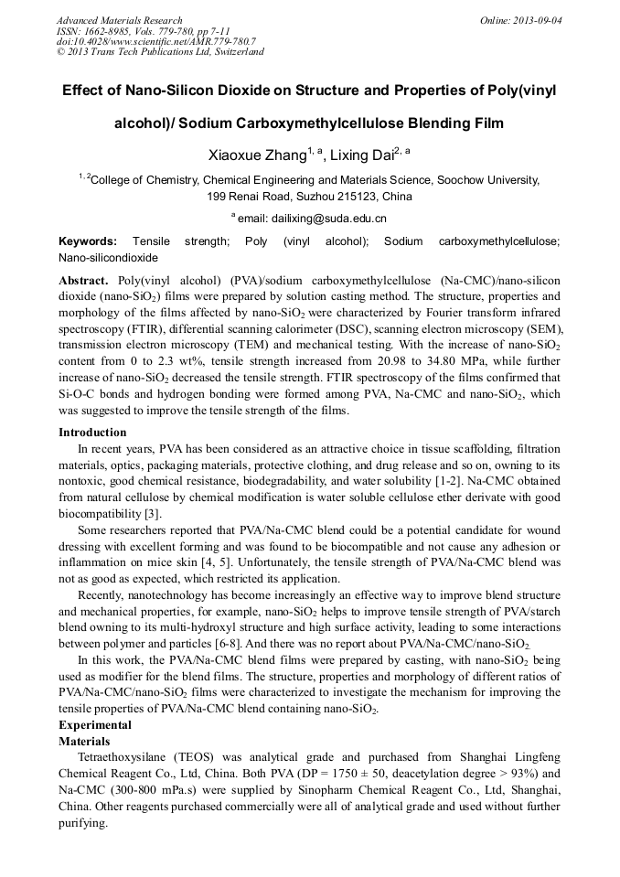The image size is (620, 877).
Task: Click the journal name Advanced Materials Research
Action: tap(119, 20)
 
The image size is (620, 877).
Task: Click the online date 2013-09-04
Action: tap(539, 20)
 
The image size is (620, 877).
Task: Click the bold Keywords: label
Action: tap(88, 242)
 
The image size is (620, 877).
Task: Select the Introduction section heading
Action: tap(92, 433)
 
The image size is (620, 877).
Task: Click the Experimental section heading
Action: tap(95, 725)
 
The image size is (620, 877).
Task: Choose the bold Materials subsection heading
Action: tap(84, 741)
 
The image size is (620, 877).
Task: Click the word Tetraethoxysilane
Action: tap(123, 757)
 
